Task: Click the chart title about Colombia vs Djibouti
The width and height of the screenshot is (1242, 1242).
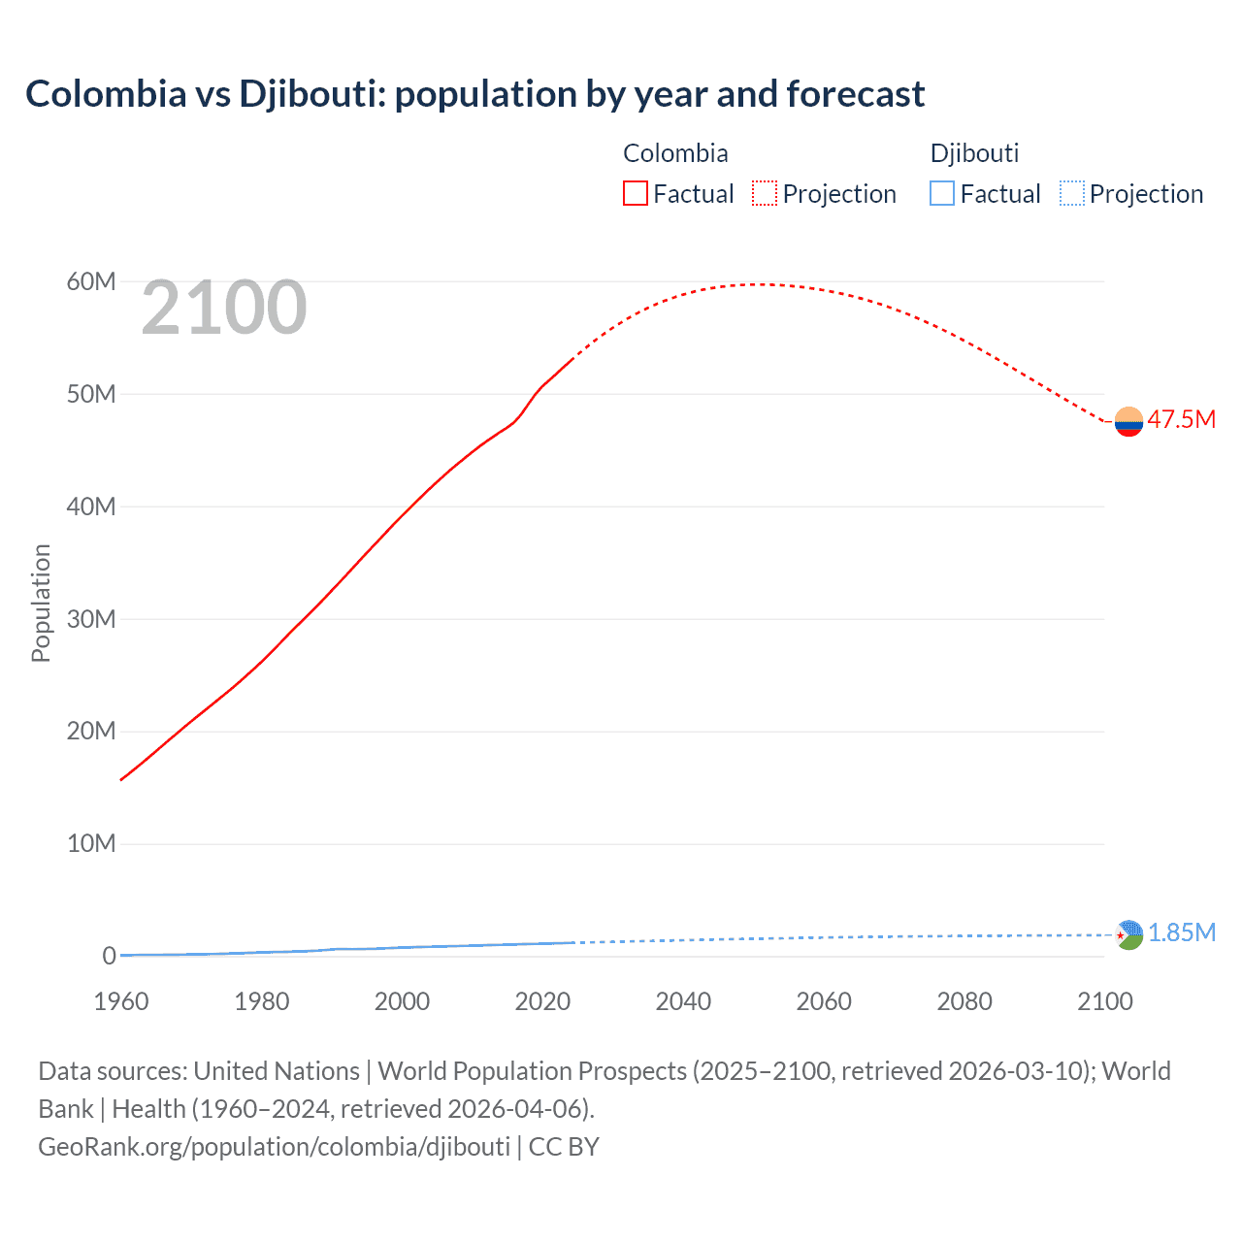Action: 474,94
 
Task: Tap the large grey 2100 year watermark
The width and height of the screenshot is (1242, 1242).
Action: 224,308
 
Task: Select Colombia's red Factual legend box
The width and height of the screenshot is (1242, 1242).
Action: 635,194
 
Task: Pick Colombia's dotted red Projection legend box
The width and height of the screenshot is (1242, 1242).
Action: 765,194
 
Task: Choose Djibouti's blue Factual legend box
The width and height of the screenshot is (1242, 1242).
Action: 942,194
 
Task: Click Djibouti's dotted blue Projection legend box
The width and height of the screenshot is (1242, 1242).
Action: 1072,194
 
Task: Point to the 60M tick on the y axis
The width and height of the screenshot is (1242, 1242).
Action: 91,281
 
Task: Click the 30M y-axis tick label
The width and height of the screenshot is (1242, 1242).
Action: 91,619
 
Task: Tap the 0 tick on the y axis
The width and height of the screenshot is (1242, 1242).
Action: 109,956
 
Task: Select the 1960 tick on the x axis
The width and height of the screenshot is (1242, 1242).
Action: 121,1001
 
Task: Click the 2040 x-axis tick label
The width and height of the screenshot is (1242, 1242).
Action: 683,1001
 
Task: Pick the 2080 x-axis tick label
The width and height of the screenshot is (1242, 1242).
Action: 964,1001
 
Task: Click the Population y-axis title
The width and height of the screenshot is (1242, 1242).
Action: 41,603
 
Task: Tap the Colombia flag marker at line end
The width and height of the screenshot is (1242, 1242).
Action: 1128,422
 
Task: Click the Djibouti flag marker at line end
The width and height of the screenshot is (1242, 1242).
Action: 1128,935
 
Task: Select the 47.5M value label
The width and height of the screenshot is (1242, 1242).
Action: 1181,419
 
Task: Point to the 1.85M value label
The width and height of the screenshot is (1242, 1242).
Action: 1181,932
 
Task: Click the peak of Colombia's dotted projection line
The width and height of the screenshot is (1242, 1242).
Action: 762,284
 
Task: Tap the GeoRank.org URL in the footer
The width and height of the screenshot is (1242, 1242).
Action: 274,1146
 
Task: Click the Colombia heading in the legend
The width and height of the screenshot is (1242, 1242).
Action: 675,153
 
